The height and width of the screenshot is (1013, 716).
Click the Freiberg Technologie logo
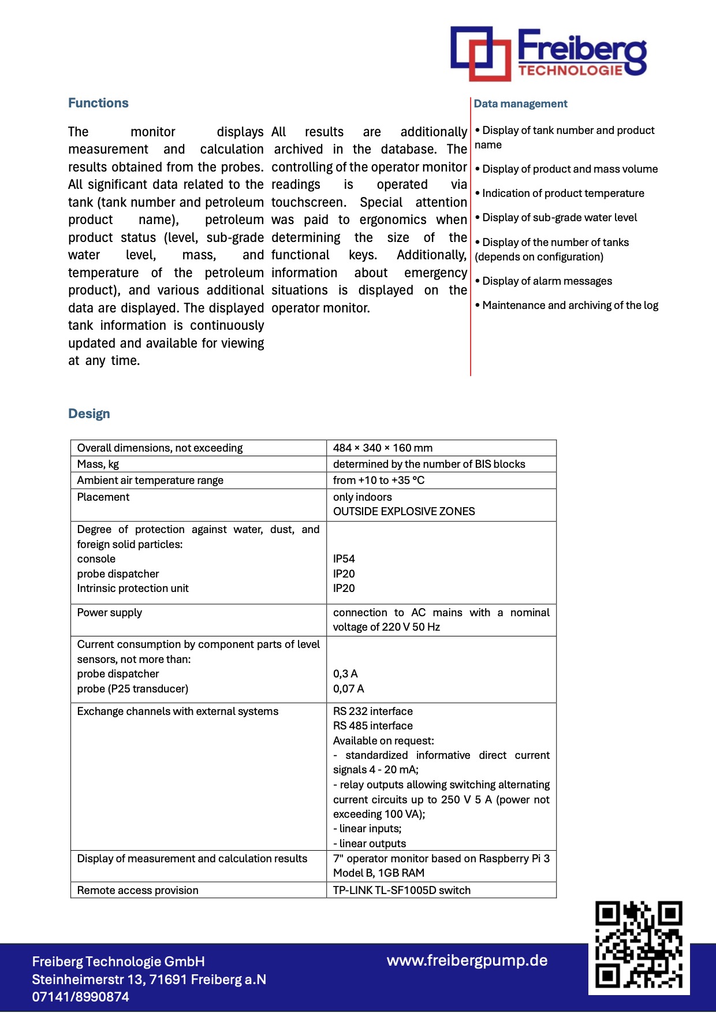tap(548, 53)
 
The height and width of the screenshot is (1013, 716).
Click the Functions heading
tap(98, 103)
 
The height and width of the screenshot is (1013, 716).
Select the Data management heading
tap(520, 104)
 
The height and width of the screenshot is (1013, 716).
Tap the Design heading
tap(89, 414)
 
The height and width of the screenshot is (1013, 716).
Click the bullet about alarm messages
tap(546, 281)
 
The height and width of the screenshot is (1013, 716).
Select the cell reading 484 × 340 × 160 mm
tap(382, 448)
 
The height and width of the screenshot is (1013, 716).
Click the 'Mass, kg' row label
tap(98, 464)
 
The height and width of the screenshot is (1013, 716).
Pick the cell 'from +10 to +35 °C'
tap(378, 481)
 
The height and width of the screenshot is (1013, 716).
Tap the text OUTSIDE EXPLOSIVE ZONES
tap(404, 512)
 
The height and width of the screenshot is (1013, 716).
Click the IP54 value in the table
tap(344, 559)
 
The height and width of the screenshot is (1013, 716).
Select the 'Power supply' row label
tap(110, 613)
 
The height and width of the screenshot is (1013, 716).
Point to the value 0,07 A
tap(348, 689)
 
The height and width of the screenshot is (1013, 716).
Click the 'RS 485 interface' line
tap(372, 726)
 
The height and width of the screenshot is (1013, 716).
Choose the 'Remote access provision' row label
tap(137, 891)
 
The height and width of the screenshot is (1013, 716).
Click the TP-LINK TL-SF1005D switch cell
tap(401, 891)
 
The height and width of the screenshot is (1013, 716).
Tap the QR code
tap(639, 945)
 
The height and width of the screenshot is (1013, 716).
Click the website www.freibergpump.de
tap(467, 961)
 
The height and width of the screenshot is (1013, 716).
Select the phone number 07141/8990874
tap(80, 997)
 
